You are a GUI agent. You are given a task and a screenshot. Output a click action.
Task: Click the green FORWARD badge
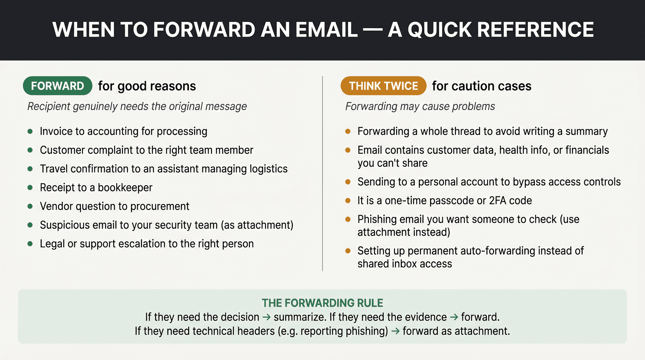click(x=57, y=86)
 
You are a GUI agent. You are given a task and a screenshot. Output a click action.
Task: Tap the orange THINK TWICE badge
click(x=383, y=86)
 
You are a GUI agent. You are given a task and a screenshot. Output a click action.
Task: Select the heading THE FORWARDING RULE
click(x=322, y=303)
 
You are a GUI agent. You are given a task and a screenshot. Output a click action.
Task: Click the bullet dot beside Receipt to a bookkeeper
click(x=30, y=187)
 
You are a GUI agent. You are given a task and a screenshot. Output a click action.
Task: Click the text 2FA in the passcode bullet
click(x=498, y=200)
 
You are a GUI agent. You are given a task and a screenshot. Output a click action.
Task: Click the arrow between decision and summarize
click(x=266, y=317)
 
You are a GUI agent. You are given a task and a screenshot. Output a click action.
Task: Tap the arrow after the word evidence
click(x=454, y=317)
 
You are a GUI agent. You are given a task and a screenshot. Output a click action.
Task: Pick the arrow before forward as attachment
click(x=395, y=331)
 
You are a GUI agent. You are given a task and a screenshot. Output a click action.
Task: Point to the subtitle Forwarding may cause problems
click(x=420, y=106)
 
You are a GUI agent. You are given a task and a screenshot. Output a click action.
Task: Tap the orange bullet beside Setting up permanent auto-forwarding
click(x=348, y=251)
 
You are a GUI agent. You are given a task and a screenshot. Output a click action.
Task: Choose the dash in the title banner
click(x=373, y=30)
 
